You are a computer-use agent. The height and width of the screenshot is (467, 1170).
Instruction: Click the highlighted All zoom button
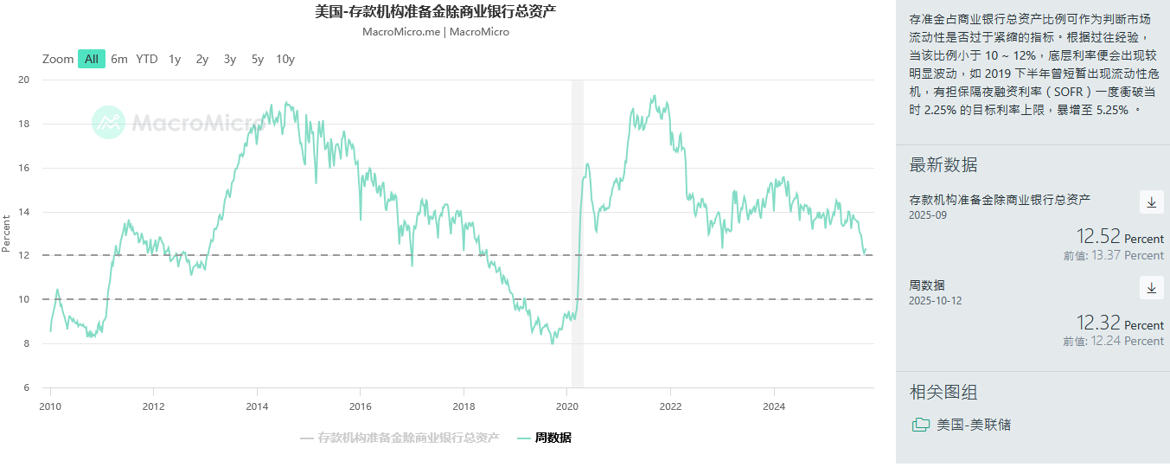point(92,59)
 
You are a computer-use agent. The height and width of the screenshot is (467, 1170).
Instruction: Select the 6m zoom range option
point(119,59)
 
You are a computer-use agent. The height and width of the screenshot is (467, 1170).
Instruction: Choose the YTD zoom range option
point(147,59)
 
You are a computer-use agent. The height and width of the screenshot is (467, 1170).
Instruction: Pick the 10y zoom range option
point(285,59)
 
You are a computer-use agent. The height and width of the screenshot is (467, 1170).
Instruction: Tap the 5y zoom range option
point(258,59)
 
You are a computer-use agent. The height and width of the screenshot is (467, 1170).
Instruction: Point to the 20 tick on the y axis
point(24,80)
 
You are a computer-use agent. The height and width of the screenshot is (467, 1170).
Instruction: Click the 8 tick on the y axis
point(27,343)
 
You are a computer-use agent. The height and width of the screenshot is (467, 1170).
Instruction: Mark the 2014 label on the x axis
point(257,406)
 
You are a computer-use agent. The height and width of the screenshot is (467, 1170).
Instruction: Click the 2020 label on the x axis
point(567,406)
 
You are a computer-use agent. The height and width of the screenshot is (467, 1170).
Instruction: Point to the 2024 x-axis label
point(774,406)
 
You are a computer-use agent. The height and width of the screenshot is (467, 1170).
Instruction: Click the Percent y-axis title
point(7,233)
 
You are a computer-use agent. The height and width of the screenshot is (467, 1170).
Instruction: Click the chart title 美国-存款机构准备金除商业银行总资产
point(436,12)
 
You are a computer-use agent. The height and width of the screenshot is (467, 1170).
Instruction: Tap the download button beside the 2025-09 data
point(1151,202)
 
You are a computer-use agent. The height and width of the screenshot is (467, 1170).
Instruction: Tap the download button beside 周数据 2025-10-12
point(1151,288)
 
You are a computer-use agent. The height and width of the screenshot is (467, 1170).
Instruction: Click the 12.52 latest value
point(1098,237)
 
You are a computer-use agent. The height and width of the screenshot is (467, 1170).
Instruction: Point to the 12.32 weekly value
point(1098,323)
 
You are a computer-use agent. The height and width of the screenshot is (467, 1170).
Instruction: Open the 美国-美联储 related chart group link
point(973,425)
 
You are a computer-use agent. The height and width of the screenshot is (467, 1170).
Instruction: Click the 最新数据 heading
point(943,165)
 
